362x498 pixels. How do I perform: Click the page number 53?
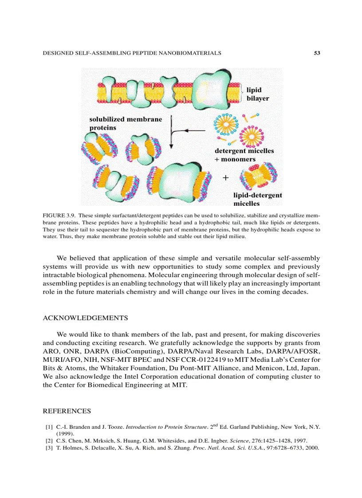317,53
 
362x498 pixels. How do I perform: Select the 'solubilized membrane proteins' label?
126,123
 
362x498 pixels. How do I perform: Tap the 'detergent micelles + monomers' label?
244,155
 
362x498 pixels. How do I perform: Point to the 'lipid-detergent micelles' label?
257,199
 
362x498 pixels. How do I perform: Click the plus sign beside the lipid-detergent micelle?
226,178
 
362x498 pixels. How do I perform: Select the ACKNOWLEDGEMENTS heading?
85,318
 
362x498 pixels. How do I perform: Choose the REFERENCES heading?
67,411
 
